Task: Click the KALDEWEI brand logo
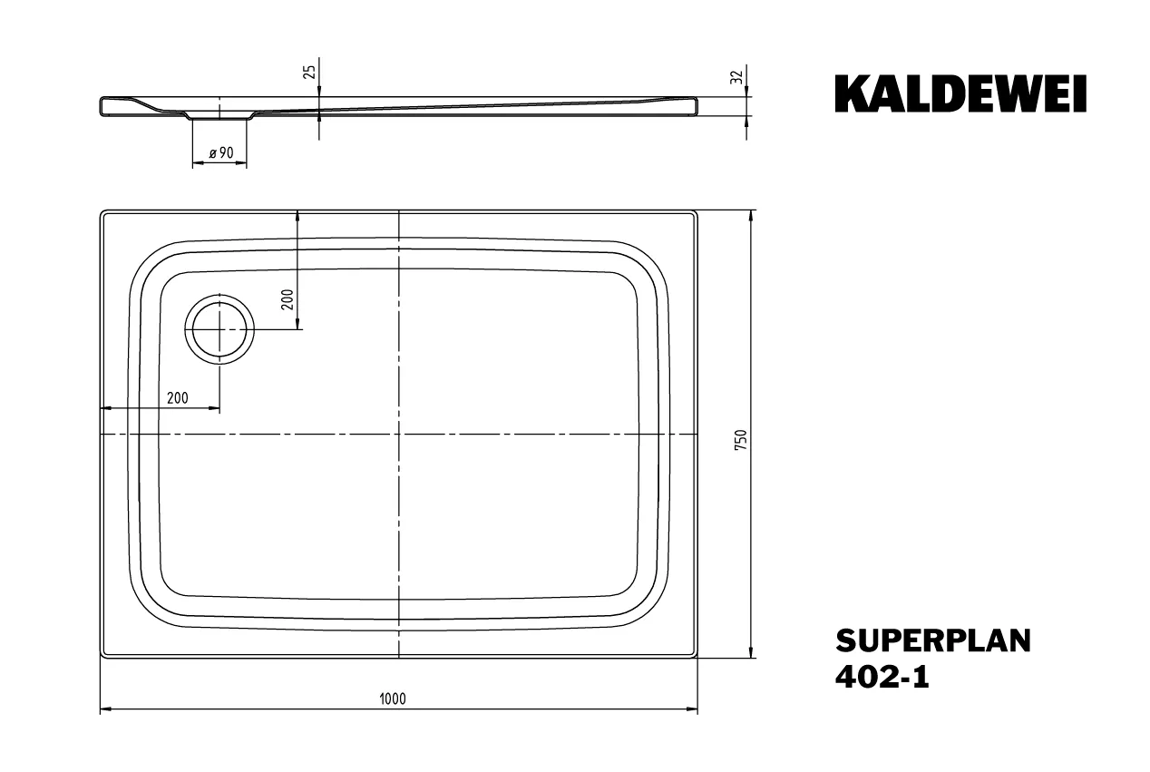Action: point(960,94)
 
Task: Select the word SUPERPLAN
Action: point(932,640)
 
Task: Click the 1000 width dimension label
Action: point(393,699)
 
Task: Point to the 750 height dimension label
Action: point(740,440)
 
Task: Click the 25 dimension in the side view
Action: point(309,73)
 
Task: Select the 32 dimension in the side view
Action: point(736,77)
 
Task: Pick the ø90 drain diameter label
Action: point(221,153)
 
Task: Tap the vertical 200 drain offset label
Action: point(287,300)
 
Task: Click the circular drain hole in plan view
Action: point(219,328)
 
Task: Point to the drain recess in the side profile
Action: point(219,116)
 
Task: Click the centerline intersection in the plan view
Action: point(399,435)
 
